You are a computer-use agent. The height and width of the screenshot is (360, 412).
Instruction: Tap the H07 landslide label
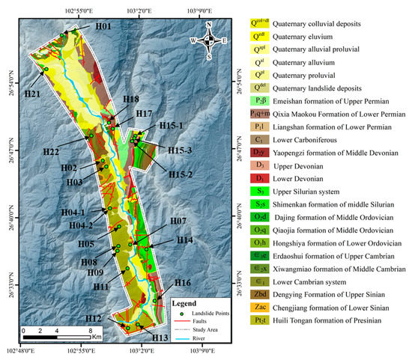click(178, 221)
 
